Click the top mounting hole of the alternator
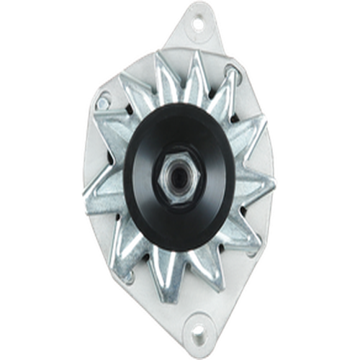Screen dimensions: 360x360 pyautogui.click(x=199, y=24)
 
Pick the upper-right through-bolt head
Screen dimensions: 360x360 pyautogui.click(x=232, y=71)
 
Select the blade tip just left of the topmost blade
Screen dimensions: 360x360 pyautogui.click(x=162, y=62)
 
